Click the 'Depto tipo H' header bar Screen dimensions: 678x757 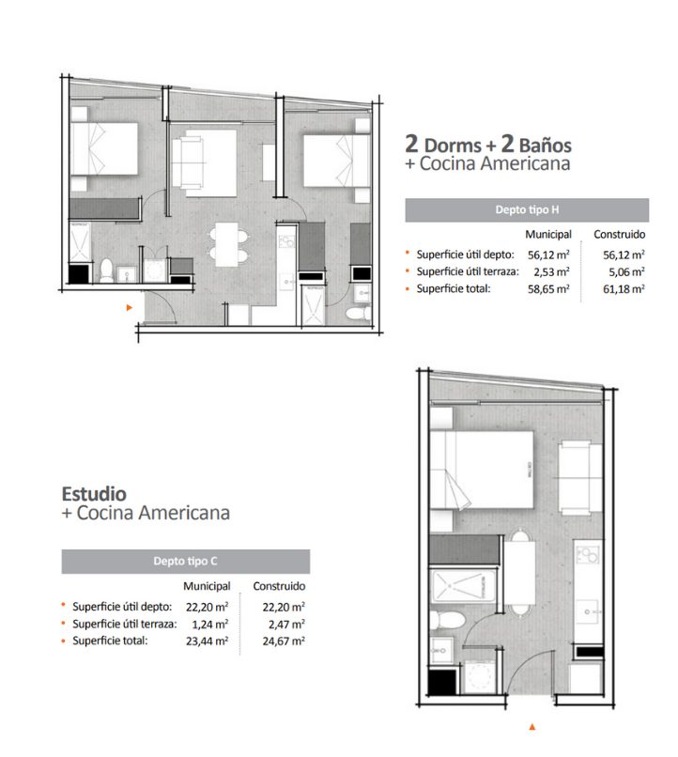click(x=527, y=210)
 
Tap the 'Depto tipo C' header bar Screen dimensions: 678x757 click(x=186, y=562)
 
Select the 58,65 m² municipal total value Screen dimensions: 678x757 click(x=548, y=289)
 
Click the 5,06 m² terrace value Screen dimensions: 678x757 click(x=626, y=271)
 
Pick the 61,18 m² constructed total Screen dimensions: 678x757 click(x=624, y=289)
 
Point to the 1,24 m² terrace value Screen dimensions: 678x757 click(x=210, y=625)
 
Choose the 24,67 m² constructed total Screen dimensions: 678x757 click(x=284, y=641)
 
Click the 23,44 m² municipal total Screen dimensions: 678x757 click(x=207, y=641)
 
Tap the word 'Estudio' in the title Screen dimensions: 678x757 click(x=94, y=494)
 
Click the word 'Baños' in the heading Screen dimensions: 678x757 click(x=546, y=146)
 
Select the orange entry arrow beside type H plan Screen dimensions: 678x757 click(x=129, y=307)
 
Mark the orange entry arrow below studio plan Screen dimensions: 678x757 click(x=532, y=727)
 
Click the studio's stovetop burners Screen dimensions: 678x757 click(x=588, y=555)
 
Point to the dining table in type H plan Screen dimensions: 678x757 click(x=227, y=244)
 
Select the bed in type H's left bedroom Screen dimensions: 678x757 click(x=104, y=148)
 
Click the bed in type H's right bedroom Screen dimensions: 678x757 click(x=337, y=161)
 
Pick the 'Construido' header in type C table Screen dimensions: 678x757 click(x=279, y=586)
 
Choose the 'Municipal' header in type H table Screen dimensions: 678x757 click(x=548, y=235)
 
